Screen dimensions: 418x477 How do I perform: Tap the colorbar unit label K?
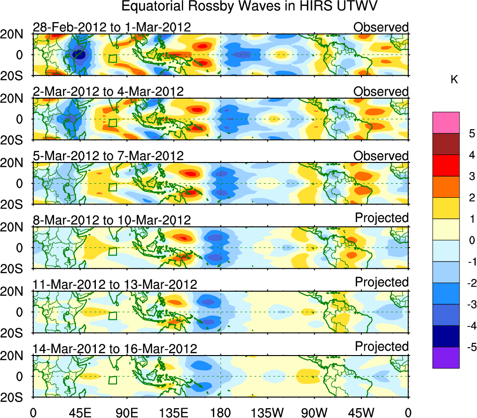point(454,80)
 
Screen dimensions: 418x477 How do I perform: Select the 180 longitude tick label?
point(220,412)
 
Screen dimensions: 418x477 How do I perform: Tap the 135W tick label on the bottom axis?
point(267,412)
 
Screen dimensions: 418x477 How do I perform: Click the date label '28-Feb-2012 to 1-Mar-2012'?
point(112,27)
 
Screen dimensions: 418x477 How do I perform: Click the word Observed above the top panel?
point(381,27)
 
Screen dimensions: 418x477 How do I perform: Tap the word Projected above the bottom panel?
point(382,346)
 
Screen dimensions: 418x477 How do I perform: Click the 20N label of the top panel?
point(16,34)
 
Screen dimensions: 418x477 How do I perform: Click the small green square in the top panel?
point(112,58)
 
